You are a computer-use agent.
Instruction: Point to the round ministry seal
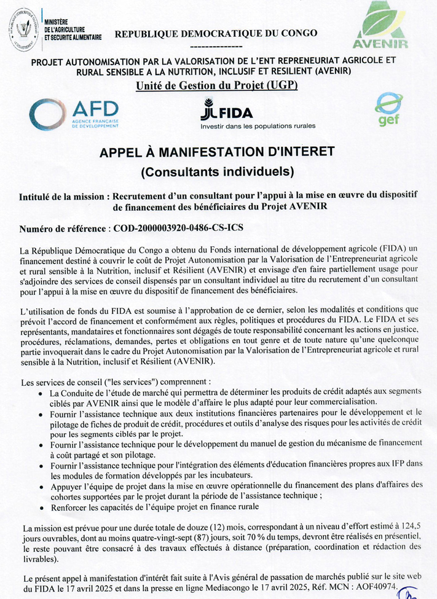point(24,29)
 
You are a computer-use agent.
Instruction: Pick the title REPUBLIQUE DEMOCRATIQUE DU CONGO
point(216,34)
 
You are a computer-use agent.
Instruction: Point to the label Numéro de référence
point(63,229)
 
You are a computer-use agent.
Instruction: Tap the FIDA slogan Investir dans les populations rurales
point(258,126)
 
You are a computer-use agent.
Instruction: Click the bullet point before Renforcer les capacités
point(41,507)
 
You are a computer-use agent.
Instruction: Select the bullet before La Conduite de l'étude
point(41,394)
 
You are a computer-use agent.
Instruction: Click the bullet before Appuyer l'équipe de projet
point(41,485)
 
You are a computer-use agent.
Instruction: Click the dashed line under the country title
point(216,45)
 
